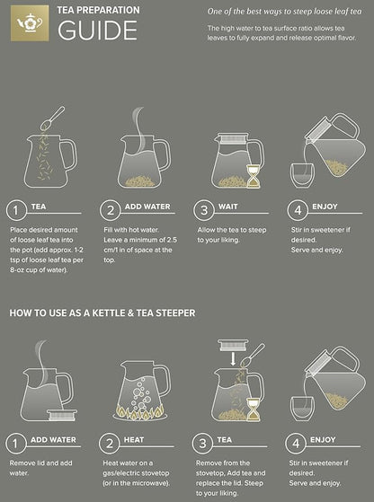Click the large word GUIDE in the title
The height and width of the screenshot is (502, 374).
click(97, 31)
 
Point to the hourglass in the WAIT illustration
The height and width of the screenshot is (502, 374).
click(253, 179)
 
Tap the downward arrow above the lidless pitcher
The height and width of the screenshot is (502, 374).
click(233, 360)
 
